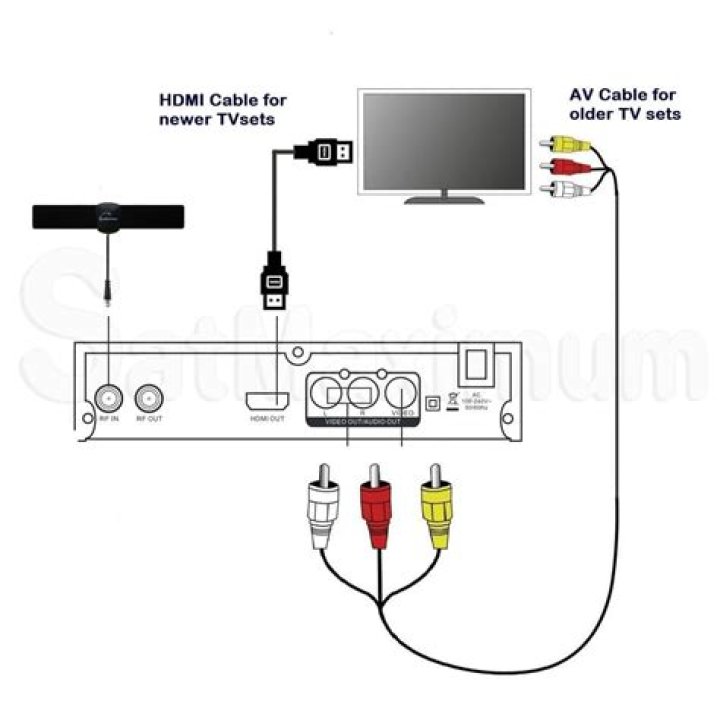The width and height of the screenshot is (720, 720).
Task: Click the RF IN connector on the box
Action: coord(108,400)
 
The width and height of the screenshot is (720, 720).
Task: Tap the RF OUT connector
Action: coord(149,400)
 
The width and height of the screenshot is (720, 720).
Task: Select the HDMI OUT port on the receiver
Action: coord(267,400)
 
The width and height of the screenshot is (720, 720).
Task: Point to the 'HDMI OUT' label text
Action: coord(267,419)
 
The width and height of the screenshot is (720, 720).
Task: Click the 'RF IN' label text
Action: coord(108,419)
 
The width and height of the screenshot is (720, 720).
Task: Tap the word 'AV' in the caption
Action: coord(581,95)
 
